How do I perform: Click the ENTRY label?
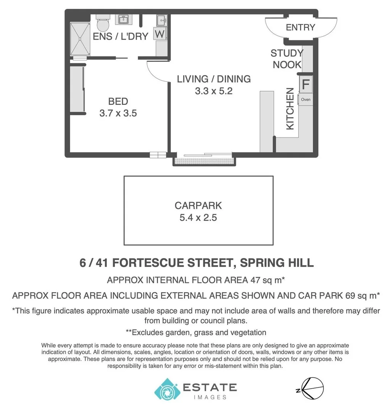tap(300, 27)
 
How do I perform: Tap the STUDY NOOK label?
tap(287, 59)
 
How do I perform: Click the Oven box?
tap(306, 100)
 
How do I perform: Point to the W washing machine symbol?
tap(160, 34)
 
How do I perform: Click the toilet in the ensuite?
tap(102, 24)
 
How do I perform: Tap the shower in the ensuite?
tap(80, 39)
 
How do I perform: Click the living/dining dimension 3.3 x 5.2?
tap(214, 91)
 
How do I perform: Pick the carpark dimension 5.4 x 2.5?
tap(198, 218)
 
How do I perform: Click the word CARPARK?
tap(198, 206)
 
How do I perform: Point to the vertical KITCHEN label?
tap(290, 109)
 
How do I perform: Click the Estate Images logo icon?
tap(166, 389)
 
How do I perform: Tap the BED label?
tap(118, 101)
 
